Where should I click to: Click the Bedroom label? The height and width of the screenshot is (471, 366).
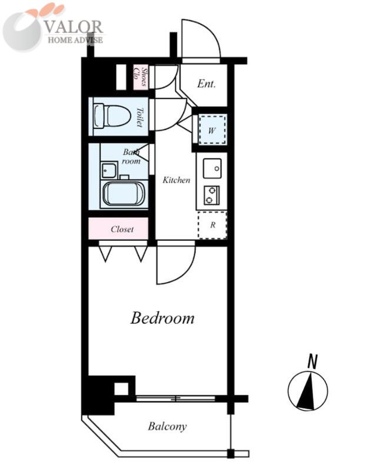(162, 318)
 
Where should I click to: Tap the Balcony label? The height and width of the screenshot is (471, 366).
(167, 426)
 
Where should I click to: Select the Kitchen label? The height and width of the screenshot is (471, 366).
(177, 180)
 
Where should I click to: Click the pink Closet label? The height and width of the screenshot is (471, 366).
(122, 229)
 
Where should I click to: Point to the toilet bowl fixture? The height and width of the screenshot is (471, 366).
(112, 117)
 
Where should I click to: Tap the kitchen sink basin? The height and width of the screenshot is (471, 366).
(212, 168)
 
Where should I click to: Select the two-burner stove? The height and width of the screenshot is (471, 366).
(212, 195)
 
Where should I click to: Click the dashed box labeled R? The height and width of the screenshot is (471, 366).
(212, 225)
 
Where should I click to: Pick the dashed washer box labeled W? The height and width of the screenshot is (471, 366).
(212, 130)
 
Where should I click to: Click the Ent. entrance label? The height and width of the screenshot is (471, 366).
(207, 84)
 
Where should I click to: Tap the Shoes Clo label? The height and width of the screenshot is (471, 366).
(141, 77)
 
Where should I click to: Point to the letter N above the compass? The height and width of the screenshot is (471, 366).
(312, 361)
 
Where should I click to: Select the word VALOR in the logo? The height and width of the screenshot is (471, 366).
(74, 28)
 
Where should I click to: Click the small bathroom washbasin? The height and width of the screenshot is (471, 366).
(109, 171)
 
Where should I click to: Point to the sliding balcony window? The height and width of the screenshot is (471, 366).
(175, 399)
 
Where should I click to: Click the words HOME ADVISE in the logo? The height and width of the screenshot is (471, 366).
(75, 40)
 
